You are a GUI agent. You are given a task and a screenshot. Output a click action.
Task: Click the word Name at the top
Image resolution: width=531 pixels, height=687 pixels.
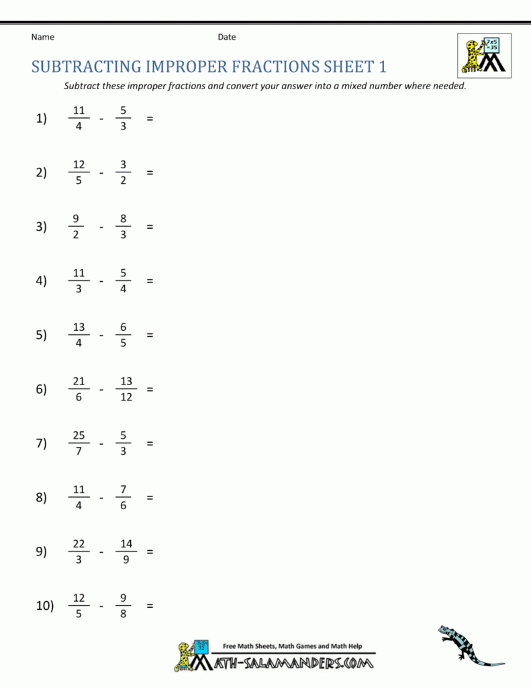(42, 38)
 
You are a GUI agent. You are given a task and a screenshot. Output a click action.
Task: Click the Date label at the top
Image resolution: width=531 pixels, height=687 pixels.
(227, 38)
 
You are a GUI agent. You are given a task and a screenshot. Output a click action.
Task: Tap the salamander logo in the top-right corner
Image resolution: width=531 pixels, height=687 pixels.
(484, 55)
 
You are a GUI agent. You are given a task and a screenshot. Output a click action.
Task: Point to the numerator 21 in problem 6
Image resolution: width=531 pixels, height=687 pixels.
(79, 382)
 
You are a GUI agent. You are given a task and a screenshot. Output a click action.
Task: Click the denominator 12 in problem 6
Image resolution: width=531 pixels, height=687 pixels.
(126, 397)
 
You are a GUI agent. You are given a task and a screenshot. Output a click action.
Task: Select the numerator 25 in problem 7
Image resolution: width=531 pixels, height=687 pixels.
(79, 436)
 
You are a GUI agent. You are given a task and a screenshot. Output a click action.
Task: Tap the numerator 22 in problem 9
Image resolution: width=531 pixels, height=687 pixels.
(79, 544)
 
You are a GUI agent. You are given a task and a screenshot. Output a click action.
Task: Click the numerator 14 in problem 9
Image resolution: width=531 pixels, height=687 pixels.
(126, 544)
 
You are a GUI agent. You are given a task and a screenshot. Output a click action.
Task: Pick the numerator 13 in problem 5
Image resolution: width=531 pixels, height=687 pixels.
(79, 327)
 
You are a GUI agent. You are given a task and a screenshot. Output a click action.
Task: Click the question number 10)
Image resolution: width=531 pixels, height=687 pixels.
(44, 606)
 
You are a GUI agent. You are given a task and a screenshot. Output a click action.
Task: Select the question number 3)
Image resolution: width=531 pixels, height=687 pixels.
(42, 227)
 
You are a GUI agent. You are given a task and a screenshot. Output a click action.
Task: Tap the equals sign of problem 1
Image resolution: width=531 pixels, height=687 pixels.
(150, 119)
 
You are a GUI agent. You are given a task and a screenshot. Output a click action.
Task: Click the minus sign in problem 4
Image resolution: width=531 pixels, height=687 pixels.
(101, 281)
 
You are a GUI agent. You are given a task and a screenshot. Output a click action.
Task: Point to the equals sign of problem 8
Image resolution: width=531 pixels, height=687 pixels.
(150, 498)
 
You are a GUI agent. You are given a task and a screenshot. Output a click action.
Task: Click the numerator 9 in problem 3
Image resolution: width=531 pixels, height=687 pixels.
(76, 219)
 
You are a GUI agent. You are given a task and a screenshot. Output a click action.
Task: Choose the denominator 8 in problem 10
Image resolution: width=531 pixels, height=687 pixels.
(124, 614)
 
